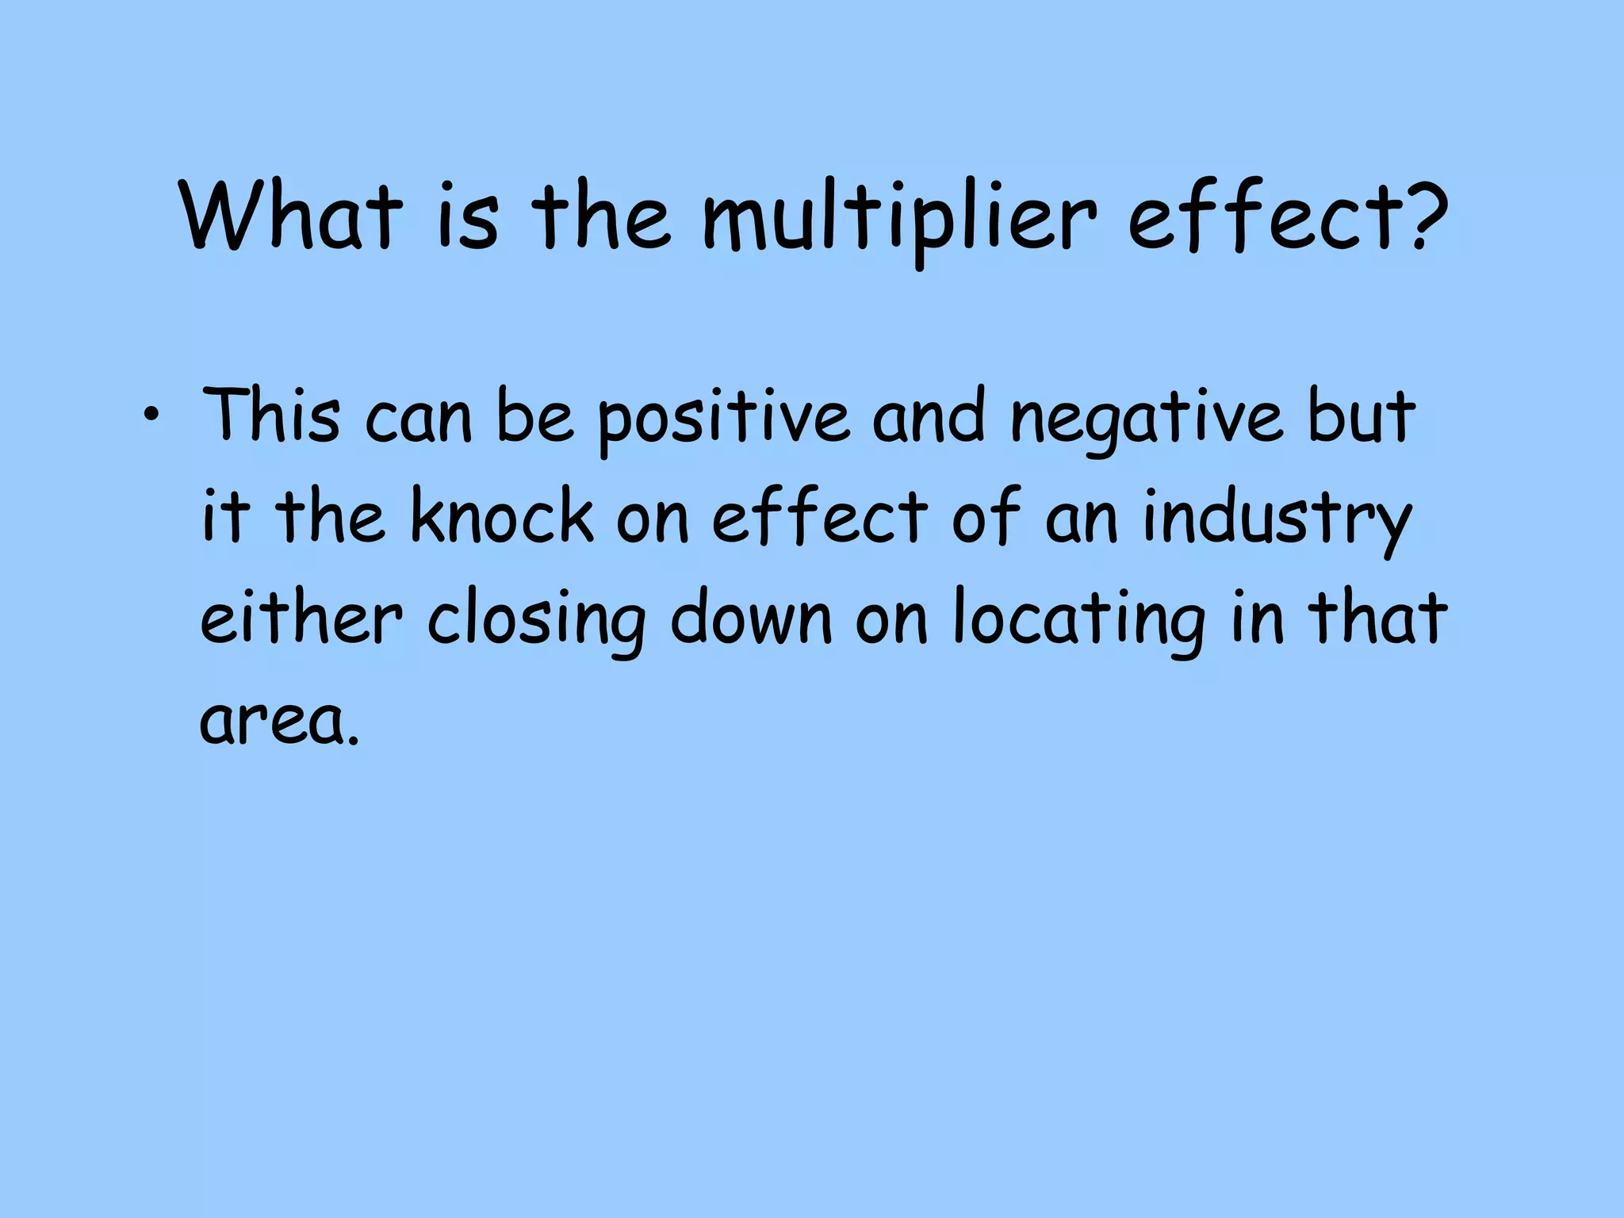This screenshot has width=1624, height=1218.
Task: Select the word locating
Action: point(1079,622)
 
